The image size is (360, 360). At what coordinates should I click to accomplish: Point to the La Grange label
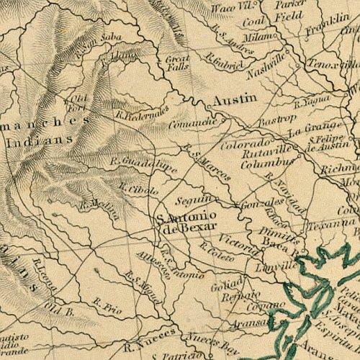tap(303, 132)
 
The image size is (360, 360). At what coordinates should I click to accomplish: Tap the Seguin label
tap(195, 199)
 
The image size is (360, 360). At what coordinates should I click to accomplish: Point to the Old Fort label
tap(78, 103)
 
